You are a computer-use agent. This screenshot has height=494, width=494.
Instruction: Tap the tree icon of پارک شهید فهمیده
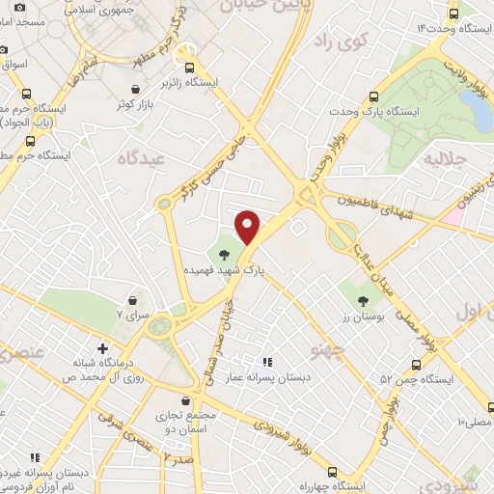point(225,256)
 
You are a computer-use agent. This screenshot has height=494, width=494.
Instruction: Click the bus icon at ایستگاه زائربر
point(189,68)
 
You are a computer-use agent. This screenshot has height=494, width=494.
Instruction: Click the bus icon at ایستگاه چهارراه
point(333,472)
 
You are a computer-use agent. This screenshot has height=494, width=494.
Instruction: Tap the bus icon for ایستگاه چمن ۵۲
point(416,366)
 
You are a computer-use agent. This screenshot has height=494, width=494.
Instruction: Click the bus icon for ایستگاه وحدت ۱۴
point(454,14)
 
